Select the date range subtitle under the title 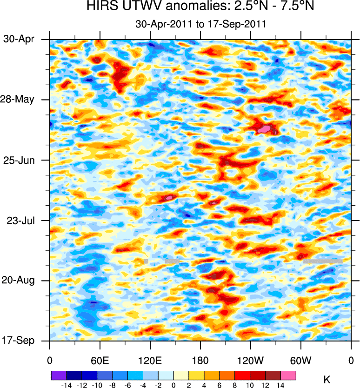click(x=200, y=24)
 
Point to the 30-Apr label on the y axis click(x=19, y=39)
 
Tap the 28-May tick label click(x=18, y=100)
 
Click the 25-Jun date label click(x=19, y=160)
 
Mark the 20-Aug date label click(x=18, y=281)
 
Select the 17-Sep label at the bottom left click(x=18, y=341)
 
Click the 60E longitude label click(x=100, y=361)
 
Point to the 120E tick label click(x=150, y=361)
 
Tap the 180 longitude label click(x=200, y=361)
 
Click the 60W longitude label click(x=300, y=361)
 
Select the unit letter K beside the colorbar click(x=327, y=381)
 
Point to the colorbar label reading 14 click(x=280, y=385)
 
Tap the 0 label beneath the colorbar click(x=173, y=385)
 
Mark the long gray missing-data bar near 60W click(x=323, y=261)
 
